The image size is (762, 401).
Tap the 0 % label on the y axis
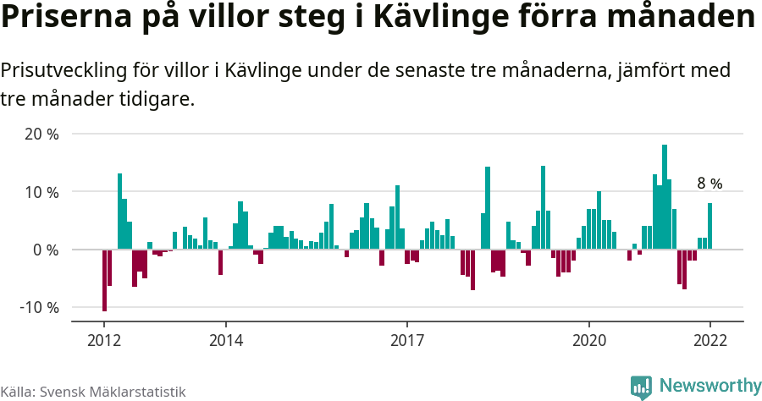tap(47, 250)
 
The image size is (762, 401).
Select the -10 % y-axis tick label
tap(40, 307)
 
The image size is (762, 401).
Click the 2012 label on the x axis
tap(104, 341)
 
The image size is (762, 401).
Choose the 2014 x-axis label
tap(225, 341)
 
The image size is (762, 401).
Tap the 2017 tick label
tap(407, 341)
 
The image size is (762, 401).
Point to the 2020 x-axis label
tap(588, 341)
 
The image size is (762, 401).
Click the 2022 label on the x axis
tap(710, 341)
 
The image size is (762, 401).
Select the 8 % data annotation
tap(710, 184)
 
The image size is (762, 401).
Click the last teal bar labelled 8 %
tap(710, 227)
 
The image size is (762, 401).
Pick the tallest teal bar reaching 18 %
tap(665, 197)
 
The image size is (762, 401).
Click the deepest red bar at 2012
tap(104, 280)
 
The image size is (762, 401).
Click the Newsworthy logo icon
tap(641, 387)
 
